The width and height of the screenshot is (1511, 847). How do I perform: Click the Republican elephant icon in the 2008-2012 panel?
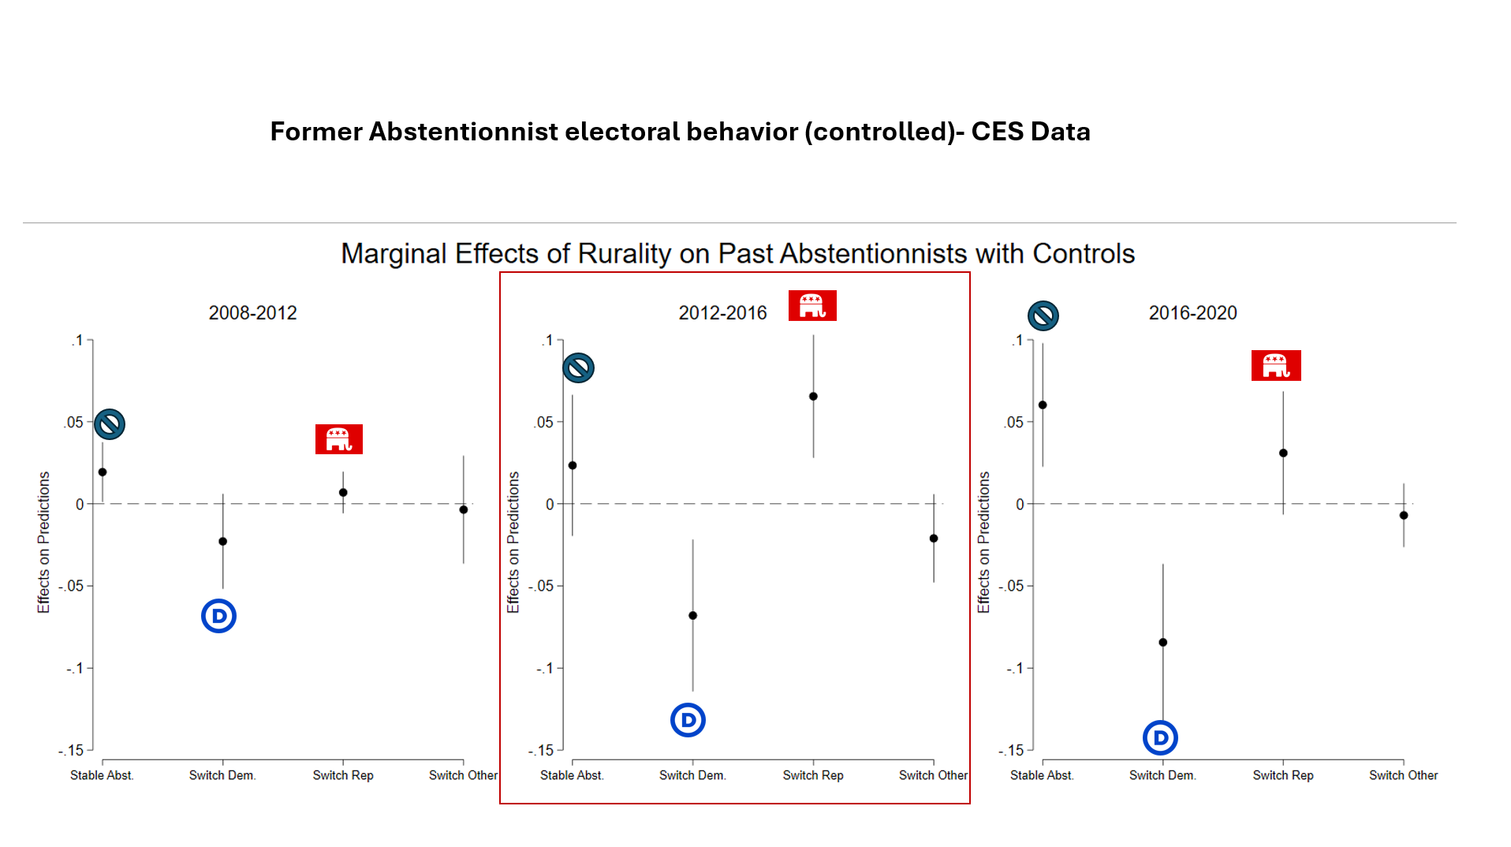click(339, 439)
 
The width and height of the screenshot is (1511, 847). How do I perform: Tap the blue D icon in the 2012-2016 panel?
click(688, 720)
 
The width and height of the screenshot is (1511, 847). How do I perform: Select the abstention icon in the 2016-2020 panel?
click(1043, 315)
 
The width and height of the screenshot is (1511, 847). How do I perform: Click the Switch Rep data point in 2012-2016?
click(813, 397)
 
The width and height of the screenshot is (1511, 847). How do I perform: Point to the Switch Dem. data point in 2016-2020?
click(1162, 643)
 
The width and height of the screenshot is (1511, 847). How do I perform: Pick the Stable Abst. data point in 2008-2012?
click(103, 472)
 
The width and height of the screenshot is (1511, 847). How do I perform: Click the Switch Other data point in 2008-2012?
click(464, 509)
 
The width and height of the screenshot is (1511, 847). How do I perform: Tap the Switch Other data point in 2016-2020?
click(1404, 516)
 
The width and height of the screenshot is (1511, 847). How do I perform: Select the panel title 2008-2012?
click(252, 313)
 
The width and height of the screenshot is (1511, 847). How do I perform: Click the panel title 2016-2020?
click(1192, 313)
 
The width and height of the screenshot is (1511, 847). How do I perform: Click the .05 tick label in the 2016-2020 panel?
click(1014, 423)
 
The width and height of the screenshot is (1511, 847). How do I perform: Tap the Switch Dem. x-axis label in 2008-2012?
click(222, 775)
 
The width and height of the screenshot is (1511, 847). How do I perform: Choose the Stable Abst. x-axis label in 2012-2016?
click(572, 775)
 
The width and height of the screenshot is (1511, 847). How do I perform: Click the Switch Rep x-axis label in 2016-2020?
click(1283, 775)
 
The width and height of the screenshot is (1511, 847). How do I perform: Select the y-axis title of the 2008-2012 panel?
click(43, 543)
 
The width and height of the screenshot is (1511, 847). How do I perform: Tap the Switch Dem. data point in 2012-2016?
click(692, 616)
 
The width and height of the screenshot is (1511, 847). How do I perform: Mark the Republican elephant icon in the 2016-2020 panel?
click(1276, 366)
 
